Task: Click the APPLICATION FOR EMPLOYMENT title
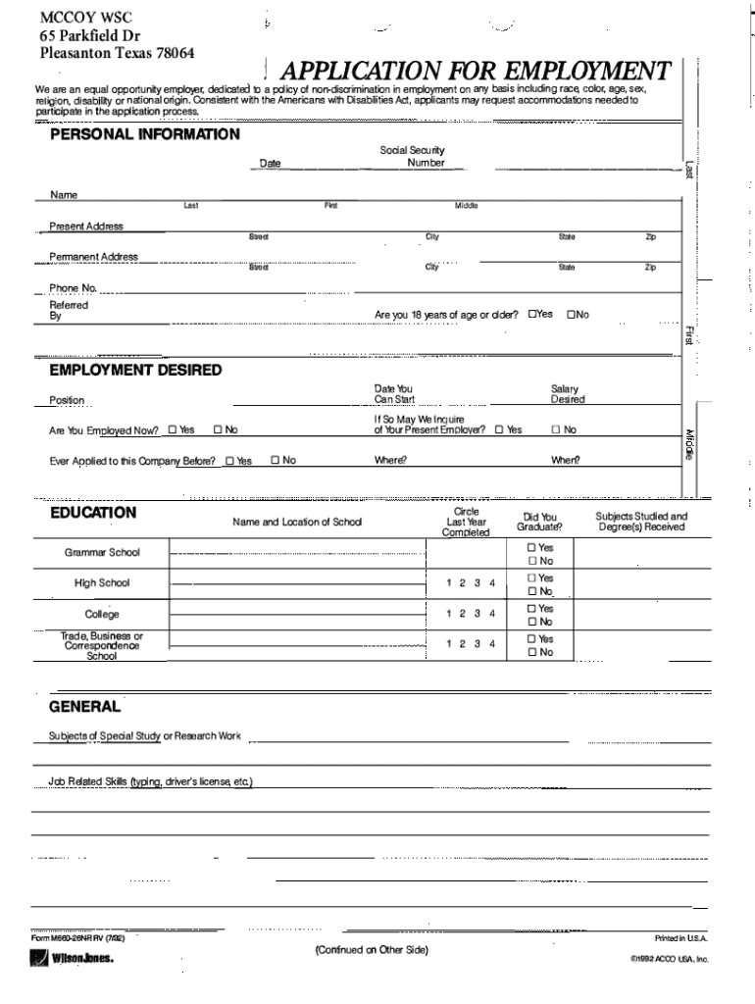click(475, 72)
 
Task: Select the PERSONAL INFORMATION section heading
click(144, 133)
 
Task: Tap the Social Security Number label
click(412, 156)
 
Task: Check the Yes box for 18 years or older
click(532, 315)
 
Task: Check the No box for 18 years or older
click(570, 315)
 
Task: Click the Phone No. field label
click(74, 288)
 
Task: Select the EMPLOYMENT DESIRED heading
click(135, 370)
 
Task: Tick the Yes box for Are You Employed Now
click(173, 429)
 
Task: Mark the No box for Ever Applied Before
click(276, 460)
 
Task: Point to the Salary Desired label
click(567, 394)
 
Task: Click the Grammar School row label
click(102, 552)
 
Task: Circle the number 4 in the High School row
click(492, 583)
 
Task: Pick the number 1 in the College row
click(448, 614)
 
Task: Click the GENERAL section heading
click(85, 706)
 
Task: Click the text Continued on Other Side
click(371, 950)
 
